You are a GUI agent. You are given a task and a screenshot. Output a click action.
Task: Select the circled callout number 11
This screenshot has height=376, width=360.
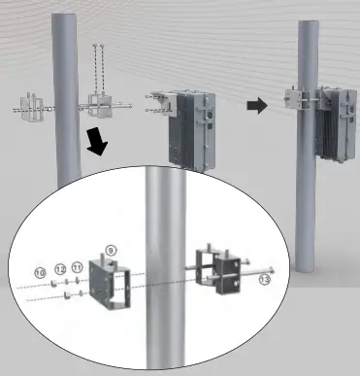click(x=78, y=266)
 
